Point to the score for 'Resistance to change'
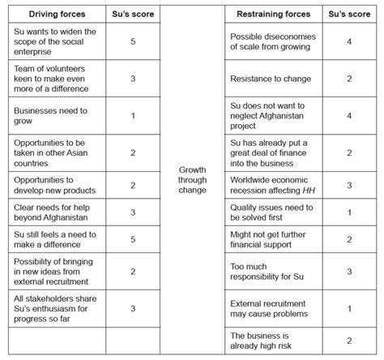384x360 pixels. point(349,79)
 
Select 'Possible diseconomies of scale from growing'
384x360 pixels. point(271,43)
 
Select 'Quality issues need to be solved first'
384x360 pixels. point(271,212)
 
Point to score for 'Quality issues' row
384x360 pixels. point(349,212)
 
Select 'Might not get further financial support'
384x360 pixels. point(271,240)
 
